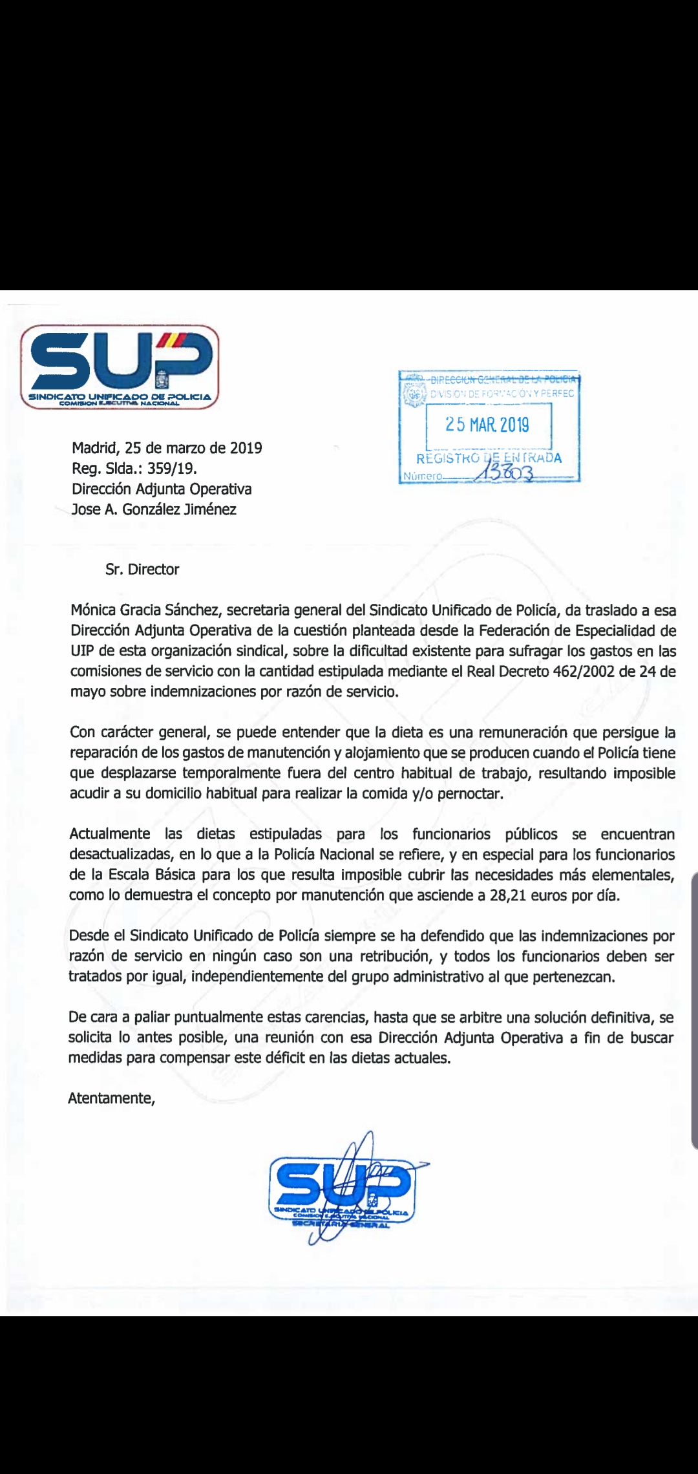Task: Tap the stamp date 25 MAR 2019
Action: tap(487, 425)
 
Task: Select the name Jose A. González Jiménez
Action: tap(154, 509)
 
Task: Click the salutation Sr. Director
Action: tap(142, 570)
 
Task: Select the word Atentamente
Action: tap(111, 1098)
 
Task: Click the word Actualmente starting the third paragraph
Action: tap(110, 835)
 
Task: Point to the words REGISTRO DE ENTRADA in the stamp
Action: tap(489, 458)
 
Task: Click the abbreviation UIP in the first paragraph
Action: tap(82, 651)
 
